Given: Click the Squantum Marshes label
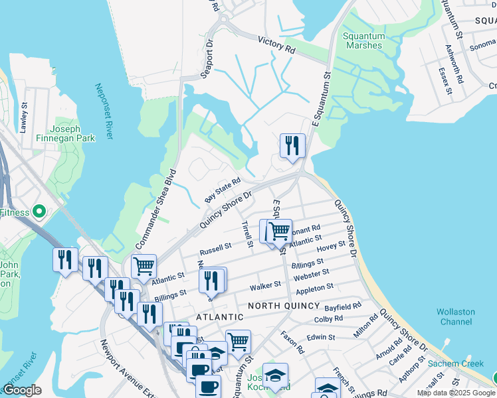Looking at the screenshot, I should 363,40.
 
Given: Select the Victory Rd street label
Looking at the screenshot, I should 276,46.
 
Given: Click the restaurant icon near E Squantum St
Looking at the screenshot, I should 292,146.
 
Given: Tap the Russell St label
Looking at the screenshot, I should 215,249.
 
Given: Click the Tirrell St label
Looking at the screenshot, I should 247,235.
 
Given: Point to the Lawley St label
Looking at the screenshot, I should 24,117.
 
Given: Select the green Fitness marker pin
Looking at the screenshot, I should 39,212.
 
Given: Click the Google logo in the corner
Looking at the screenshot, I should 22,390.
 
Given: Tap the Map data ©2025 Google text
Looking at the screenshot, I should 456,393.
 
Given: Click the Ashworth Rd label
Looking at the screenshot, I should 458,60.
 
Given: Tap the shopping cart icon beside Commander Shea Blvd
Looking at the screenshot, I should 144,267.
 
